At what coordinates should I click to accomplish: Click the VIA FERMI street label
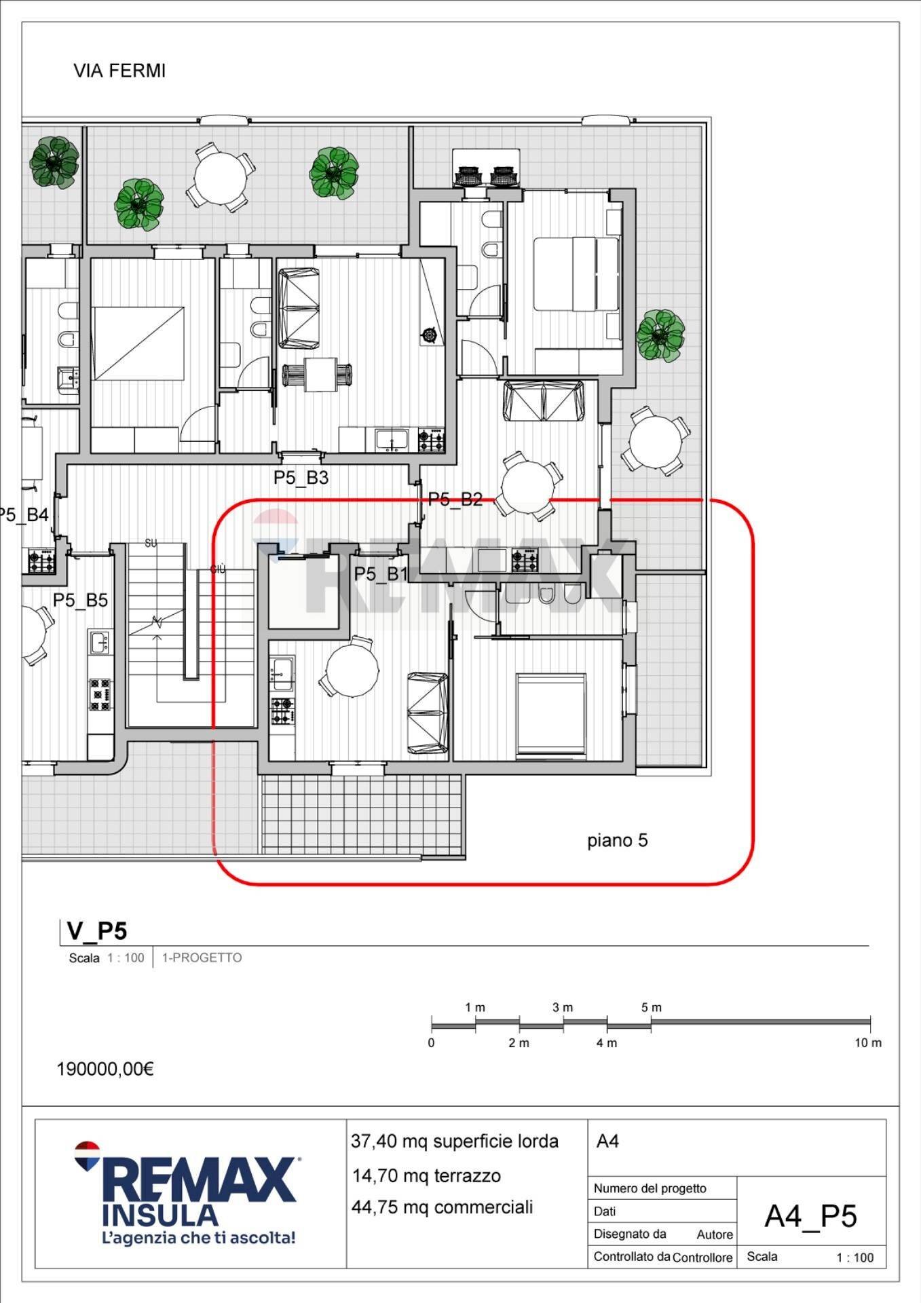pos(119,71)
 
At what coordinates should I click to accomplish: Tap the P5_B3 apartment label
pos(301,478)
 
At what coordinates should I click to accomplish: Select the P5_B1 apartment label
pos(380,574)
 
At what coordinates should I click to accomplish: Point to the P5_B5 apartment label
pos(80,600)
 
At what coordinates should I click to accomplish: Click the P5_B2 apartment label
pos(455,499)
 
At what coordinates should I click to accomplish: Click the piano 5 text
pos(617,840)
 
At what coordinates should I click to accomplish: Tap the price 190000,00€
pos(105,1069)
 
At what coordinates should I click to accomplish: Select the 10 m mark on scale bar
pos(867,1043)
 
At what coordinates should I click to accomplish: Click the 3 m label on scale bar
pos(562,1008)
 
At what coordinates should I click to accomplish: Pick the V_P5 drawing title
pos(96,930)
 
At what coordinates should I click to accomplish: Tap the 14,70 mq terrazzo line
pos(426,1175)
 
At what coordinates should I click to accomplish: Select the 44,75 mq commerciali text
pos(442,1207)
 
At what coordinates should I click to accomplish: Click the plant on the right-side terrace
pos(660,335)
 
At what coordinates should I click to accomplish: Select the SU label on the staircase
pos(151,544)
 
